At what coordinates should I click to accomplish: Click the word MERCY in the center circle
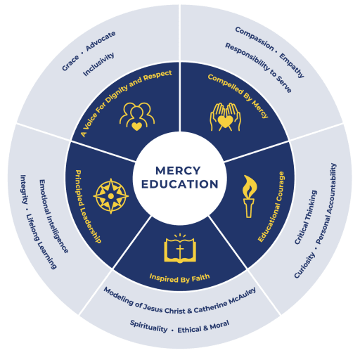[178, 171]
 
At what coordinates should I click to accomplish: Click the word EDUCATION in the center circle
[180, 184]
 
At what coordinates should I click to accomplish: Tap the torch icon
[250, 196]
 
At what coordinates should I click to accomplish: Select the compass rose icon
[111, 196]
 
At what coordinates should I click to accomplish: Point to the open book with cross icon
[180, 248]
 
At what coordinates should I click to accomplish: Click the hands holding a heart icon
[225, 117]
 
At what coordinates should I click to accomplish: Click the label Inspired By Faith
[180, 278]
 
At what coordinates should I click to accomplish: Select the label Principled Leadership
[88, 207]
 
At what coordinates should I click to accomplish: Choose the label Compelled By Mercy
[238, 96]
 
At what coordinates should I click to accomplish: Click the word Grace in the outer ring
[70, 63]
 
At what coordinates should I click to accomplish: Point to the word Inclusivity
[98, 64]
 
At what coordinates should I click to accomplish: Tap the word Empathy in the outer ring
[292, 65]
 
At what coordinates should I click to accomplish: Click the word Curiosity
[304, 265]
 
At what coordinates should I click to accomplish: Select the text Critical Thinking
[306, 217]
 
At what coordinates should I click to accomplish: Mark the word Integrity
[23, 189]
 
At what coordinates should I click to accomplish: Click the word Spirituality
[149, 326]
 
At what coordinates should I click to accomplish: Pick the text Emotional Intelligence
[53, 216]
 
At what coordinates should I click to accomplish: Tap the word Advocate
[101, 41]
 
